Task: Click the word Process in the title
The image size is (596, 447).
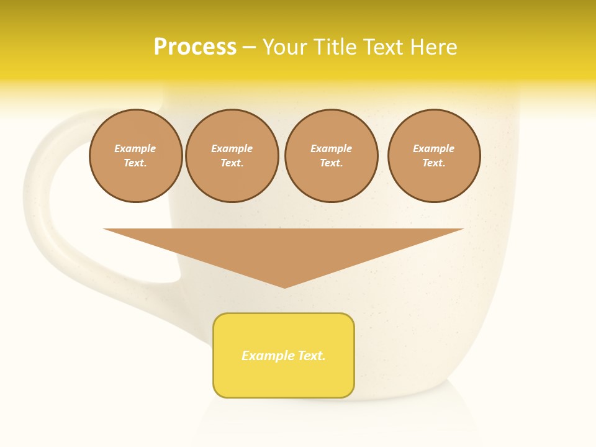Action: [x=195, y=47]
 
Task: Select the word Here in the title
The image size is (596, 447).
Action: [x=433, y=47]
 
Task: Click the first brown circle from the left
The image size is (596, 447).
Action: [x=136, y=156]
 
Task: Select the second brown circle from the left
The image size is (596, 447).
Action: [x=232, y=156]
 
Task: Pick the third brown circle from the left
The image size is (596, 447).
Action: [x=332, y=156]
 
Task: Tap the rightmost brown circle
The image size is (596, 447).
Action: [x=434, y=156]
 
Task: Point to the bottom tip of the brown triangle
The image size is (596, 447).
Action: [x=284, y=287]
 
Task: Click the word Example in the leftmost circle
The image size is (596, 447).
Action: [x=135, y=148]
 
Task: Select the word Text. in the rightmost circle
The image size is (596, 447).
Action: [x=434, y=163]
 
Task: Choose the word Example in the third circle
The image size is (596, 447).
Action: [x=332, y=148]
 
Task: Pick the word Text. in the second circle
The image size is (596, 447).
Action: [x=232, y=163]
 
